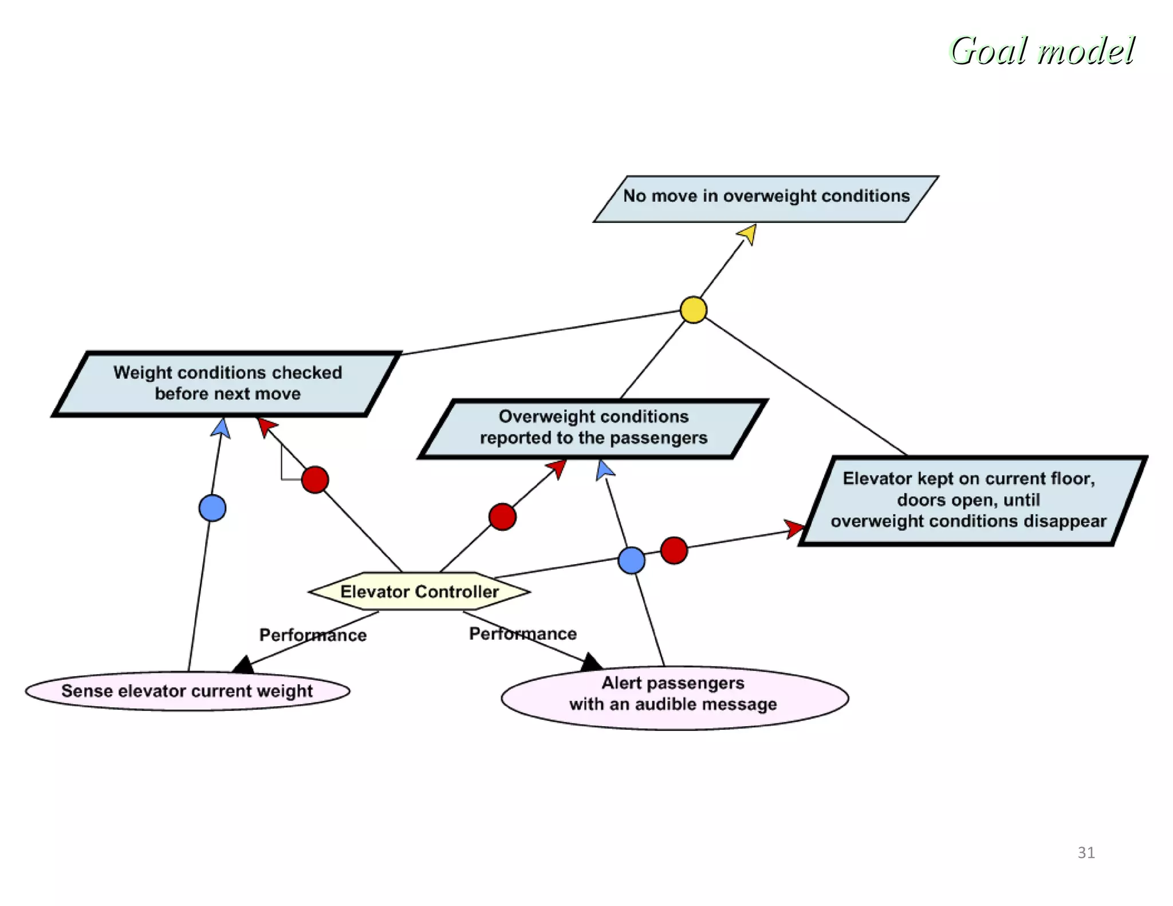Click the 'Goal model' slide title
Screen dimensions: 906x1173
(1042, 51)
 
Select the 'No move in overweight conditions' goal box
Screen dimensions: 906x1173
(766, 198)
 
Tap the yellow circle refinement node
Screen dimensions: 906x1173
(693, 310)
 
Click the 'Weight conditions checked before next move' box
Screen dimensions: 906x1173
(227, 383)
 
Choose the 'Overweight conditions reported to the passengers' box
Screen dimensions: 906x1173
(593, 428)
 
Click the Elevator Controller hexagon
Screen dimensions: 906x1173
(419, 592)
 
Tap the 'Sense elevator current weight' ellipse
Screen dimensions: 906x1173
(187, 691)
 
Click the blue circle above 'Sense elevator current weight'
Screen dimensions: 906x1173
(212, 508)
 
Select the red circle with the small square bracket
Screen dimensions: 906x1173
(314, 479)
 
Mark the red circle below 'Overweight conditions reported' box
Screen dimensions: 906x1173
(502, 517)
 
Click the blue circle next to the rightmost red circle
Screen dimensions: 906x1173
(631, 560)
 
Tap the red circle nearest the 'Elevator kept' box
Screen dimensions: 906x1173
(674, 550)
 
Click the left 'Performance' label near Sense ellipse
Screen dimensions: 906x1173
(313, 635)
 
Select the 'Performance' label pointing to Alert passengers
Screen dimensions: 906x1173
(522, 633)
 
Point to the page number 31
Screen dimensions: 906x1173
(1086, 853)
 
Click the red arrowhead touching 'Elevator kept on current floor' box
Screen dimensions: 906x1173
(795, 528)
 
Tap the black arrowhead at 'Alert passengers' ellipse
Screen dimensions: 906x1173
(591, 663)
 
